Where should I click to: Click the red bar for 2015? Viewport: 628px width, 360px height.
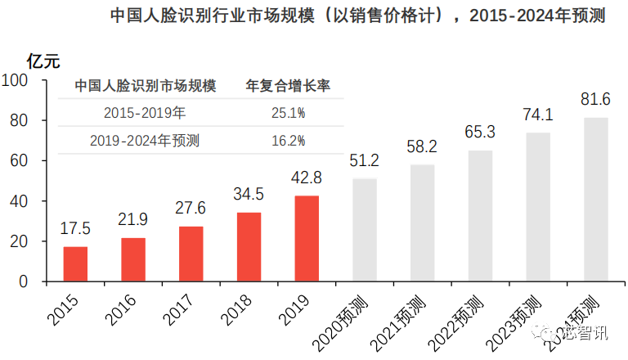click(75, 263)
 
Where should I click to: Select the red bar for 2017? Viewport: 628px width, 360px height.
click(191, 254)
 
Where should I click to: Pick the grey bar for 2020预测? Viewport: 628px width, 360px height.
click(365, 230)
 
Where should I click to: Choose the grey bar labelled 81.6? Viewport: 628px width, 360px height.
click(595, 200)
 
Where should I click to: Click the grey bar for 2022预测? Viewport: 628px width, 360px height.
click(480, 216)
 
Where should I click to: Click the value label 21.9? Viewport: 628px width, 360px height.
click(133, 221)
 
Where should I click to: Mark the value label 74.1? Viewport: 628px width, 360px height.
click(538, 115)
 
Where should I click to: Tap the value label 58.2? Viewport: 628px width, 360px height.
click(423, 146)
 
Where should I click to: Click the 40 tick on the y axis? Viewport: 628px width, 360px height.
click(19, 201)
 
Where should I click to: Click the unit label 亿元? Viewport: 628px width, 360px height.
click(43, 60)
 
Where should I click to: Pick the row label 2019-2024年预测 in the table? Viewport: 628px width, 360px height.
click(145, 141)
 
